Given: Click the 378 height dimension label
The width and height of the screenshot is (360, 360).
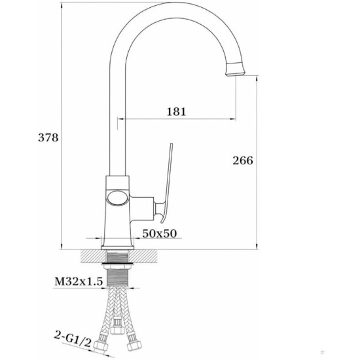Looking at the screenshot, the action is pyautogui.click(x=48, y=137).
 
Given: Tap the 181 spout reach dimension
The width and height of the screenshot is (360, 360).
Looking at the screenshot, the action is pyautogui.click(x=176, y=111).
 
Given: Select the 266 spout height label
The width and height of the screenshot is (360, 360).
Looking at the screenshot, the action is pyautogui.click(x=243, y=160).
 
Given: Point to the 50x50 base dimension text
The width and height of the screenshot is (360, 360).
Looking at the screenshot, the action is pyautogui.click(x=160, y=234).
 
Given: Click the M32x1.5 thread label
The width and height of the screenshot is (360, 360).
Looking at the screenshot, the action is pyautogui.click(x=79, y=281).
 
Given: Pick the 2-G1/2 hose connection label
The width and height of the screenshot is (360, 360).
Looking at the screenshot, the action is pyautogui.click(x=73, y=338).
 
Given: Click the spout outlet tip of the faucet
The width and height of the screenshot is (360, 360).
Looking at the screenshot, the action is pyautogui.click(x=235, y=73).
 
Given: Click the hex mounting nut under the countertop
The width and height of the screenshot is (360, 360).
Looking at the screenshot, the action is pyautogui.click(x=118, y=266).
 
